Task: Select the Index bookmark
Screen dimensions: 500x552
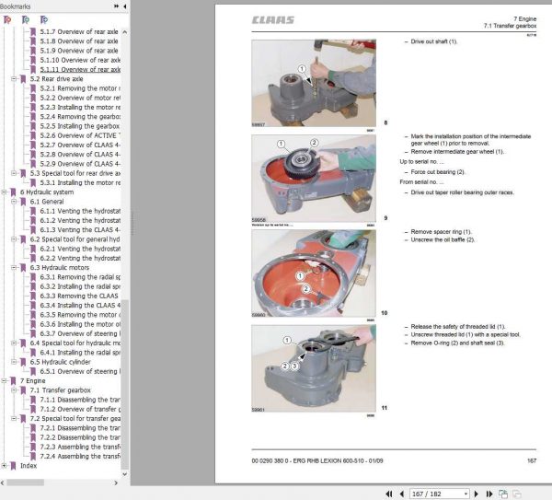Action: [x=29, y=465]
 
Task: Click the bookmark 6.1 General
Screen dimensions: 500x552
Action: [x=47, y=201]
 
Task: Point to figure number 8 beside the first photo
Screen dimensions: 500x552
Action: [x=385, y=122]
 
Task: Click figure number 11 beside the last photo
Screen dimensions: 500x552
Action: [x=385, y=407]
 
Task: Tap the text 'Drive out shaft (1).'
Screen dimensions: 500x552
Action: [x=433, y=41]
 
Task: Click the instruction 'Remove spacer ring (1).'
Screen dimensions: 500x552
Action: [x=443, y=232]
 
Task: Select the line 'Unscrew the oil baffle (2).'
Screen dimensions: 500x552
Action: [x=443, y=239]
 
